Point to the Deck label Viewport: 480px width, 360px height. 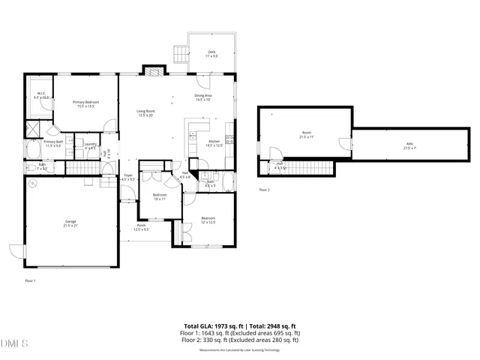pos(212,54)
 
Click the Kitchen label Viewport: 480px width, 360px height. pos(214,143)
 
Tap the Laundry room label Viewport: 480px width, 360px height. pos(90,145)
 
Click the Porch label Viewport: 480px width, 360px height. pos(140,227)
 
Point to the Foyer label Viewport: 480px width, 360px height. pos(128,177)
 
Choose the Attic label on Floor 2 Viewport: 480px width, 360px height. pos(409,146)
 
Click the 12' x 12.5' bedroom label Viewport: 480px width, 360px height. pos(208,220)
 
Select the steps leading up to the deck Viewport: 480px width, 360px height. pos(180,55)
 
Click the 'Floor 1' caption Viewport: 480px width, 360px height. pos(31,280)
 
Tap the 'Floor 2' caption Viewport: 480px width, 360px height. pos(264,190)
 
